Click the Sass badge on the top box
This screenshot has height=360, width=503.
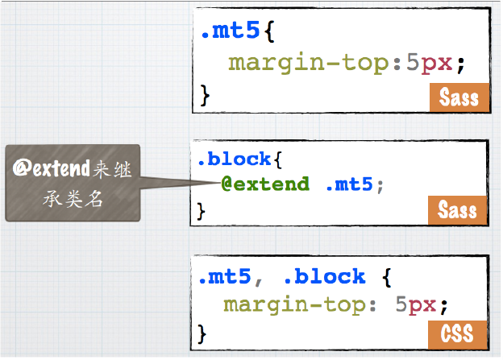pyautogui.click(x=459, y=97)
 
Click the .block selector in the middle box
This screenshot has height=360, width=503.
pyautogui.click(x=235, y=159)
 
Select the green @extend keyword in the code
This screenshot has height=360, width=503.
pyautogui.click(x=265, y=184)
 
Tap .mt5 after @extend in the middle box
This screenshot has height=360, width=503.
pyautogui.click(x=349, y=184)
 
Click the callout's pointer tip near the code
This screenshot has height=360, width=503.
pyautogui.click(x=216, y=182)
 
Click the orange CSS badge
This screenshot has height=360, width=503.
pyautogui.click(x=457, y=332)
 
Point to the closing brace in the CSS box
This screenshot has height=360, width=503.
pyautogui.click(x=203, y=331)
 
